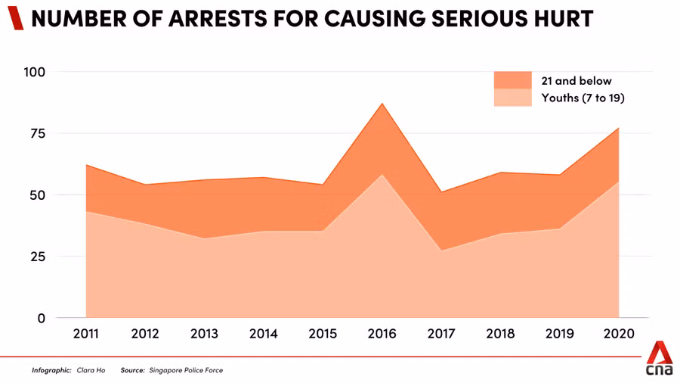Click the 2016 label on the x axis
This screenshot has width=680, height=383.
tap(382, 334)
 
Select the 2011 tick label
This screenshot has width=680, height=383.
tap(85, 334)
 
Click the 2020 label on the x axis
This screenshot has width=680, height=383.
tap(619, 334)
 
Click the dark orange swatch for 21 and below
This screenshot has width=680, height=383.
tap(512, 81)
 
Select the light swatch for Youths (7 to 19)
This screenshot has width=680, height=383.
tap(512, 98)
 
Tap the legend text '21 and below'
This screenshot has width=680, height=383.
tap(576, 81)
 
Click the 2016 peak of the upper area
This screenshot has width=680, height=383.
tap(382, 104)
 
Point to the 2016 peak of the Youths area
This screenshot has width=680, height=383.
tap(382, 175)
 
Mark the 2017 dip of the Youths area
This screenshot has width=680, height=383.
tap(441, 251)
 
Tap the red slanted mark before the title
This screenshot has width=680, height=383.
tap(15, 19)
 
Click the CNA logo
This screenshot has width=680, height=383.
tap(659, 358)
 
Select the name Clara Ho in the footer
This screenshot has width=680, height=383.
tap(91, 370)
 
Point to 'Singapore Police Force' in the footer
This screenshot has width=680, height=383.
tap(187, 370)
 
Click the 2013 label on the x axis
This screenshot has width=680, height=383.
tap(204, 334)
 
